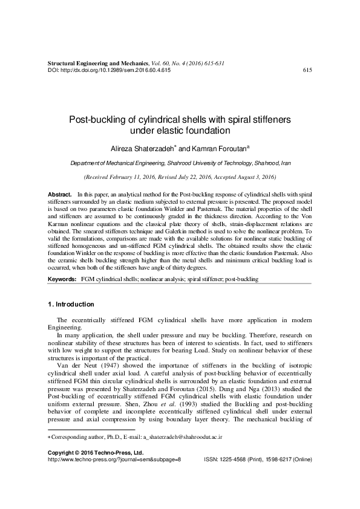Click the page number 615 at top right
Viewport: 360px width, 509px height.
306,70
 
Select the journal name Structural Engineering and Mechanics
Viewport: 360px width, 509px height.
97,63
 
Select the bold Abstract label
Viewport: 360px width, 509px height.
59,192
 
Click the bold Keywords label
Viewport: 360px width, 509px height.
62,280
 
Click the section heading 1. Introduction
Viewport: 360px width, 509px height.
71,303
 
